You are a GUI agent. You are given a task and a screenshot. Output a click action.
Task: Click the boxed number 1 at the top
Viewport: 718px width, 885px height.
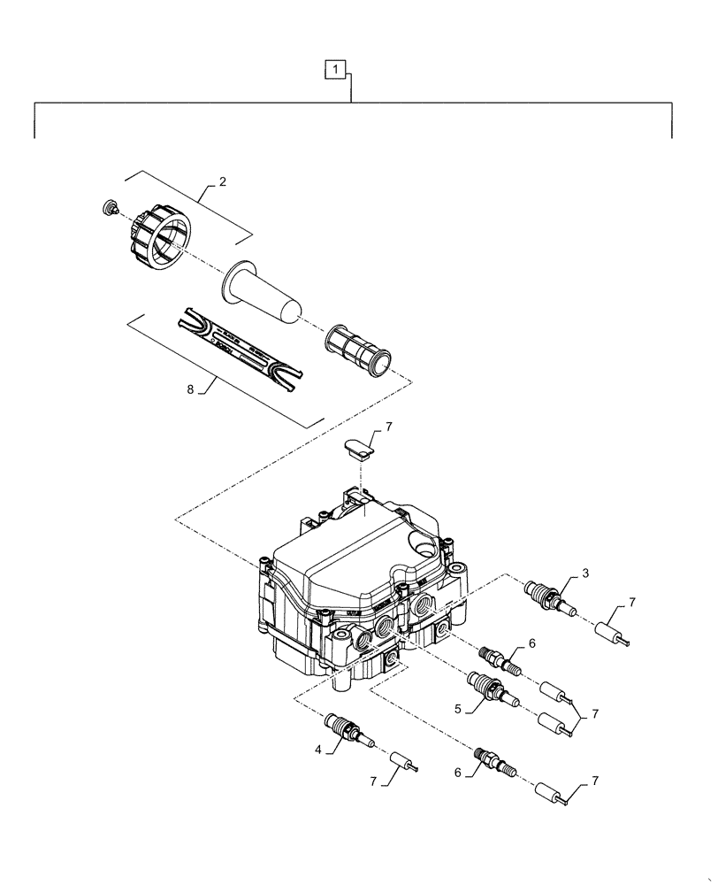[335, 67]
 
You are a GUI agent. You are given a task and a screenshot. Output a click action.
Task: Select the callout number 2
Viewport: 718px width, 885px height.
[223, 182]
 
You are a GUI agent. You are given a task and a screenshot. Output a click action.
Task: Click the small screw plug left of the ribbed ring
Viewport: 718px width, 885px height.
[111, 208]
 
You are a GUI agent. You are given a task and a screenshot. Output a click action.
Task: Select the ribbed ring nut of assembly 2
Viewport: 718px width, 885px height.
[159, 239]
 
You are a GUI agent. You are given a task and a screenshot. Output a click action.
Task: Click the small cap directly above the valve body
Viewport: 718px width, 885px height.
[357, 448]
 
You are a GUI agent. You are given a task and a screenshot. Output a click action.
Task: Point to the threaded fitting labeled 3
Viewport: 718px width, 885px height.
[548, 596]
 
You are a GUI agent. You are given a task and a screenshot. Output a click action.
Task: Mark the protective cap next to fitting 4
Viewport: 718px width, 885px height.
[404, 763]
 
